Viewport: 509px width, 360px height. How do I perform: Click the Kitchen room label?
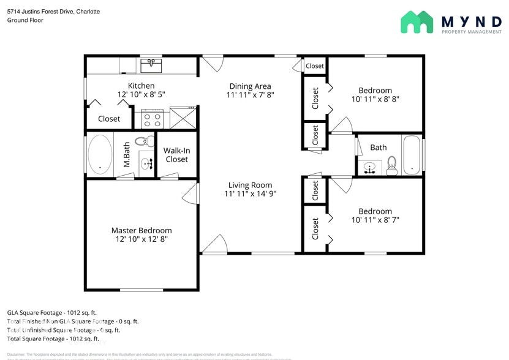pyautogui.click(x=141, y=86)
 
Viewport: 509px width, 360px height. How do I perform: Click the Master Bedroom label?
pyautogui.click(x=141, y=230)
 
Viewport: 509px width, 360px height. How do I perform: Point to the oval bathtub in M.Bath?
pyautogui.click(x=100, y=154)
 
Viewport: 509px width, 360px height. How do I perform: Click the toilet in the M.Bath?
pyautogui.click(x=143, y=140)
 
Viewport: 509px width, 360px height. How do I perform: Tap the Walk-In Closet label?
pyautogui.click(x=176, y=154)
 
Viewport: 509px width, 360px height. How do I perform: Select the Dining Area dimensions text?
pyautogui.click(x=250, y=95)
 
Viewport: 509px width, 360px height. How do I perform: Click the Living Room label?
pyautogui.click(x=250, y=185)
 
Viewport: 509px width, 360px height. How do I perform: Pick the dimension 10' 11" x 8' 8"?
pyautogui.click(x=375, y=99)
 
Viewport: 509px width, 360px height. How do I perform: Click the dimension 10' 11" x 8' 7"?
pyautogui.click(x=375, y=219)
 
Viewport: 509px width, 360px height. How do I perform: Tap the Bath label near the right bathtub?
pyautogui.click(x=379, y=148)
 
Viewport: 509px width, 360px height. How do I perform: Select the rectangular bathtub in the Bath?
pyautogui.click(x=412, y=154)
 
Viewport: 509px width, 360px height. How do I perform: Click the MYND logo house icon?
pyautogui.click(x=417, y=22)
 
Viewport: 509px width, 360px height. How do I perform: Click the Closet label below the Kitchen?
pyautogui.click(x=109, y=119)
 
